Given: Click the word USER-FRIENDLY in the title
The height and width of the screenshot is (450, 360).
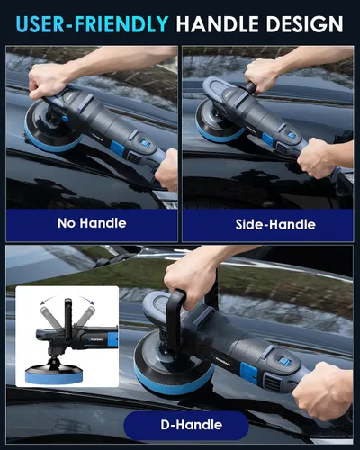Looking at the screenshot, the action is [x=92, y=23].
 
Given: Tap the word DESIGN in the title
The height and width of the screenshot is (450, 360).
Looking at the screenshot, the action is [x=304, y=23].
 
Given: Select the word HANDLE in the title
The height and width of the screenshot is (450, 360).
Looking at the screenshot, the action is [x=218, y=23].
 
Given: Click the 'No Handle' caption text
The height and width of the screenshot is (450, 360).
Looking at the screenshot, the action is [x=92, y=223].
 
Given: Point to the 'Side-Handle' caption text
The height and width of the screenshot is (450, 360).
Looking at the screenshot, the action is [x=275, y=224].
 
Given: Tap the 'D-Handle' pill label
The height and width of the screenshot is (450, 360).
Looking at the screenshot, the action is [x=192, y=425].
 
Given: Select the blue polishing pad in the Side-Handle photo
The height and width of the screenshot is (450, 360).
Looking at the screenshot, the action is [x=218, y=132].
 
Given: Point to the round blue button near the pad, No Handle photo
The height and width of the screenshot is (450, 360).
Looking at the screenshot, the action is [x=65, y=119].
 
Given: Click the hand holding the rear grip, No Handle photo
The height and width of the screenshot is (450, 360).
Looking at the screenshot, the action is [x=166, y=169].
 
